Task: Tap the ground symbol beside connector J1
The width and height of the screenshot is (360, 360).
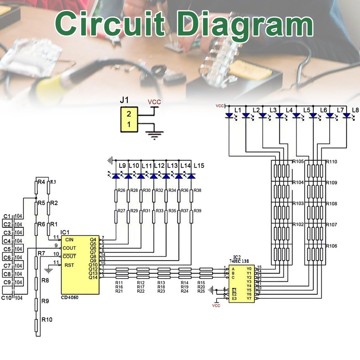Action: tap(156, 134)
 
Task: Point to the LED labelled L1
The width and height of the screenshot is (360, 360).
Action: tap(229, 116)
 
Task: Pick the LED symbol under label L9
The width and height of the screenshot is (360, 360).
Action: tap(116, 176)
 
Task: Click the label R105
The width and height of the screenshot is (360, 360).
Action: tap(298, 162)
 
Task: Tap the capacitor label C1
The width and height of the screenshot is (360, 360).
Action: tap(7, 216)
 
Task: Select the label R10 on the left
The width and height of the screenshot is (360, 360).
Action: tap(47, 320)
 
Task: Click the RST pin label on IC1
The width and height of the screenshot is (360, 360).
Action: tap(69, 265)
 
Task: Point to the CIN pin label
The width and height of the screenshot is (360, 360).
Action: tap(69, 239)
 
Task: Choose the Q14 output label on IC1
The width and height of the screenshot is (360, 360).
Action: tap(93, 277)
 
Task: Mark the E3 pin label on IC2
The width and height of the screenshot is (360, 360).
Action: tap(234, 298)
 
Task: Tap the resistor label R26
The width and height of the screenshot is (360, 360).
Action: tap(121, 191)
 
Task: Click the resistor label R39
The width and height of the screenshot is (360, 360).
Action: tap(198, 211)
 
